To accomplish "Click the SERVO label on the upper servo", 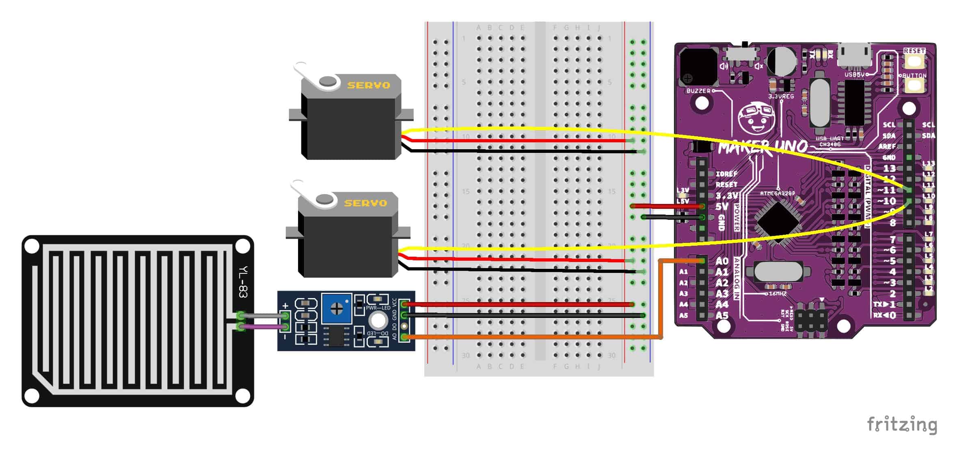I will pyautogui.click(x=368, y=85).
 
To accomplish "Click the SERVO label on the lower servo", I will pyautogui.click(x=365, y=203).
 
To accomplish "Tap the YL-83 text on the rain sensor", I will pyautogui.click(x=243, y=282).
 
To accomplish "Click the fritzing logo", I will pyautogui.click(x=902, y=425).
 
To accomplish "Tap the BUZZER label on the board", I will pyautogui.click(x=698, y=91).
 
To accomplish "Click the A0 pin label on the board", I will pyautogui.click(x=722, y=261).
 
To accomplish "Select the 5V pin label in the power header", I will pyautogui.click(x=721, y=206).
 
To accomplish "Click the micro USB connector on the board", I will pyautogui.click(x=855, y=57).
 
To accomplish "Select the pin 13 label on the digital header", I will pyautogui.click(x=889, y=168).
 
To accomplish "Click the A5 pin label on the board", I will pyautogui.click(x=722, y=315).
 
